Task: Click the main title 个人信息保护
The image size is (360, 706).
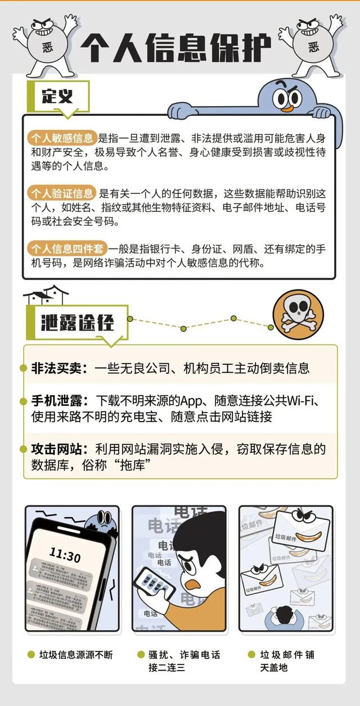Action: tap(175, 46)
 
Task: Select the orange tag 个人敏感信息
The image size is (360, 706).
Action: tap(62, 138)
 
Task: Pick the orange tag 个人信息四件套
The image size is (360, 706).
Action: tap(66, 248)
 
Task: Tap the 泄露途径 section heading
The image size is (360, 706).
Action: tap(78, 323)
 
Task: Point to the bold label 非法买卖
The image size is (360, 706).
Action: tap(61, 369)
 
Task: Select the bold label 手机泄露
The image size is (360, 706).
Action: tap(61, 401)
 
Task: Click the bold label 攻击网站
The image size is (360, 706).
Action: tap(61, 450)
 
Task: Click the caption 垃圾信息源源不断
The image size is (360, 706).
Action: tap(75, 655)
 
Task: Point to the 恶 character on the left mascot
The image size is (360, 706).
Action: tap(47, 47)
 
